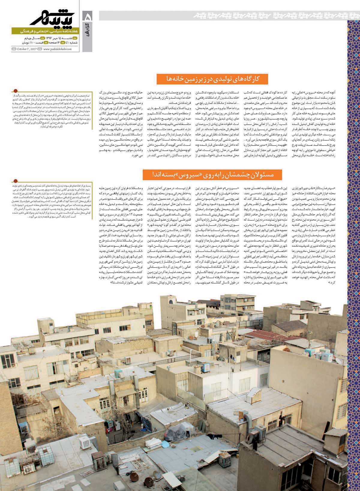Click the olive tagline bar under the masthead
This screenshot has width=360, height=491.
tap(45, 31)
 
